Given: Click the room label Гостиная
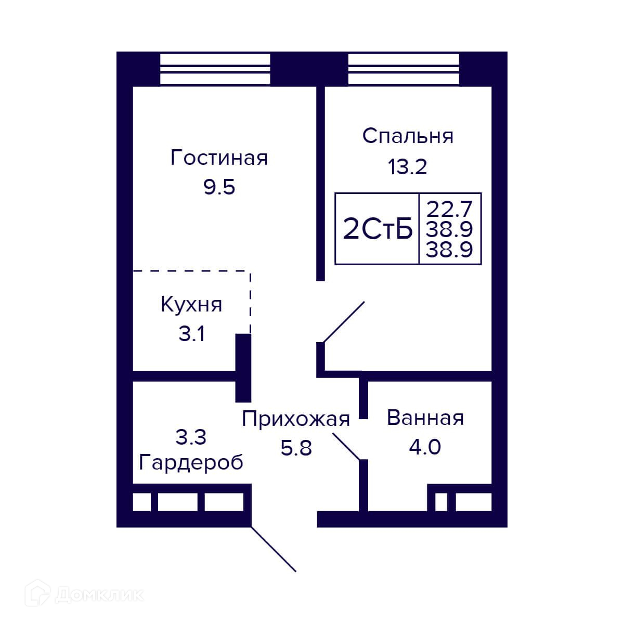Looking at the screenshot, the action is (x=219, y=158).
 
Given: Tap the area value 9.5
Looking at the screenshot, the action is (x=219, y=187).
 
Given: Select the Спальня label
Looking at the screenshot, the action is (x=408, y=136).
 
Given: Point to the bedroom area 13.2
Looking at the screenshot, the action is (x=408, y=167).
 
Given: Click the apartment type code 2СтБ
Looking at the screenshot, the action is (x=378, y=229).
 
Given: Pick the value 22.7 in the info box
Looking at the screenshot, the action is (x=449, y=209).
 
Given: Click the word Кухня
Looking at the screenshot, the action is (x=191, y=305).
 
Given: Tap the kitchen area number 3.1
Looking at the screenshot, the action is (x=192, y=334).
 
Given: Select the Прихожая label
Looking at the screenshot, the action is (x=296, y=419).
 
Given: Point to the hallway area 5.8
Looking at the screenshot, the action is (x=296, y=448).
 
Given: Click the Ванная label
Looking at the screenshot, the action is (x=425, y=418).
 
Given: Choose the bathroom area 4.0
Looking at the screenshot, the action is (x=425, y=447).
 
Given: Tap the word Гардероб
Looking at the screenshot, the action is (x=191, y=463).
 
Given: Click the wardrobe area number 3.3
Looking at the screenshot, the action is (x=191, y=437).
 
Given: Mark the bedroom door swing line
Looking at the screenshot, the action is (x=344, y=322).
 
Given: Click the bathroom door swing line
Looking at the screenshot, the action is (x=346, y=447).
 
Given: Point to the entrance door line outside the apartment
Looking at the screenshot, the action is (x=274, y=549).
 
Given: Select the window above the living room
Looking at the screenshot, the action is (x=215, y=70).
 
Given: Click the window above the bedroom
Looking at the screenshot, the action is (x=404, y=70).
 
